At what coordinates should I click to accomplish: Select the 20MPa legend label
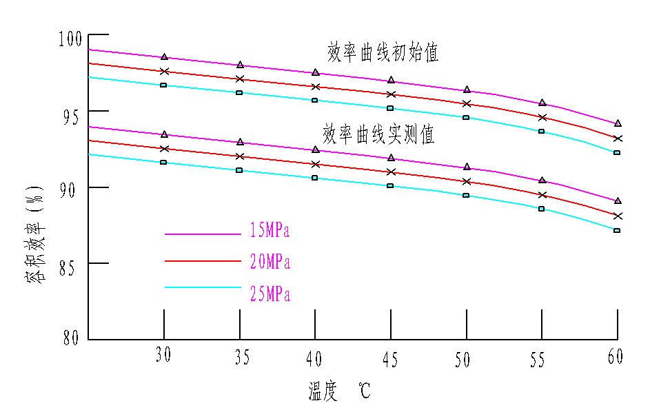270,262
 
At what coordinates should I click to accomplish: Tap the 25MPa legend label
270,295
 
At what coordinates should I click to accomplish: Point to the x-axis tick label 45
391,358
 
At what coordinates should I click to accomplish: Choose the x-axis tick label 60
616,356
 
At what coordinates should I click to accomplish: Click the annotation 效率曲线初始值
383,53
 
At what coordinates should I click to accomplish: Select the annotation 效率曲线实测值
378,134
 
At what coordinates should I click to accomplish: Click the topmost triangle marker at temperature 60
618,123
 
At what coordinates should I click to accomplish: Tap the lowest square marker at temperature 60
617,230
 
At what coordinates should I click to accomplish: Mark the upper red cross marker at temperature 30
164,71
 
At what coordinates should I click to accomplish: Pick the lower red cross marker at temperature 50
467,182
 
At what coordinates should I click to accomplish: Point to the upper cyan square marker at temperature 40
315,101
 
